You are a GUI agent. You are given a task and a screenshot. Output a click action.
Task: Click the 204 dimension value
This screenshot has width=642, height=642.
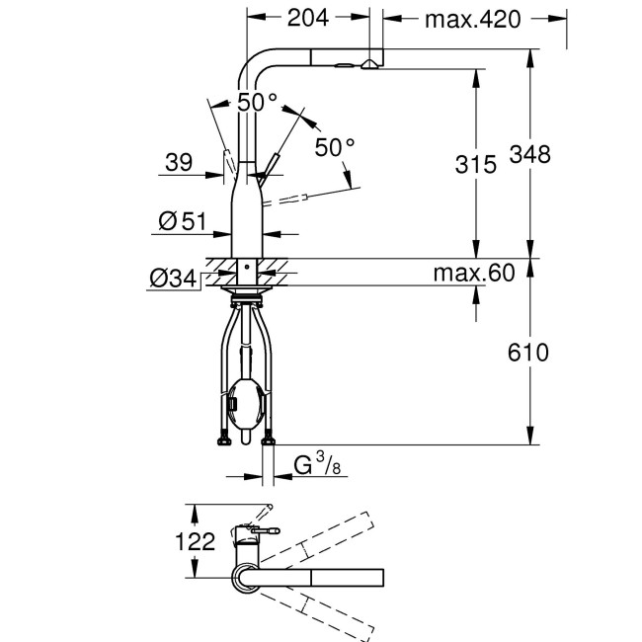pos(309,18)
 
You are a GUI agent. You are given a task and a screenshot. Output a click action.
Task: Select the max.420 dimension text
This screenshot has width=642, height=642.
pos(472,18)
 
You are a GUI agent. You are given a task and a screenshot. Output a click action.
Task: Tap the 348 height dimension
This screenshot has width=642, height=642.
pos(530,153)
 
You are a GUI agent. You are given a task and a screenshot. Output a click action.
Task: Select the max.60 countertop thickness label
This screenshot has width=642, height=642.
pos(474,274)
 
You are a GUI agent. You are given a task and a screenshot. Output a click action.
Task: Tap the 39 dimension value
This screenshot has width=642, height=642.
pos(179,164)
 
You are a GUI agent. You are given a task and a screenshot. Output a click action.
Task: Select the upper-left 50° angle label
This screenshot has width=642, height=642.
pos(257,102)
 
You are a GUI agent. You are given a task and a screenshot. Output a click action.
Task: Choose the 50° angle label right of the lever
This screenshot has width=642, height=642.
pos(335,147)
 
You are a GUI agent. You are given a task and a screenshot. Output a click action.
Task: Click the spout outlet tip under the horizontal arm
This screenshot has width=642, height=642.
pos(368,65)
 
